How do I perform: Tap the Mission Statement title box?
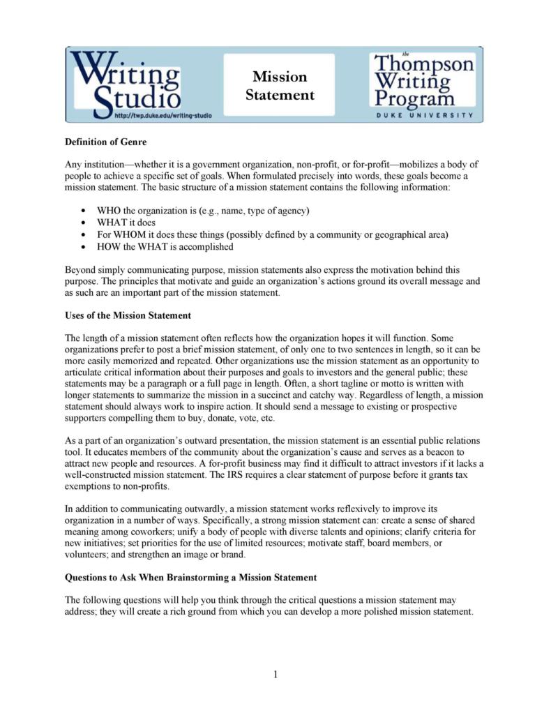279,85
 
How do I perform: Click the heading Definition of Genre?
105,142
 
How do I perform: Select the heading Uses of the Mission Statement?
128,315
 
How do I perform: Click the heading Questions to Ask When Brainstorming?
191,578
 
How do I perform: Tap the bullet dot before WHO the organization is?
84,210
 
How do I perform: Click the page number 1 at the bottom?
275,674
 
